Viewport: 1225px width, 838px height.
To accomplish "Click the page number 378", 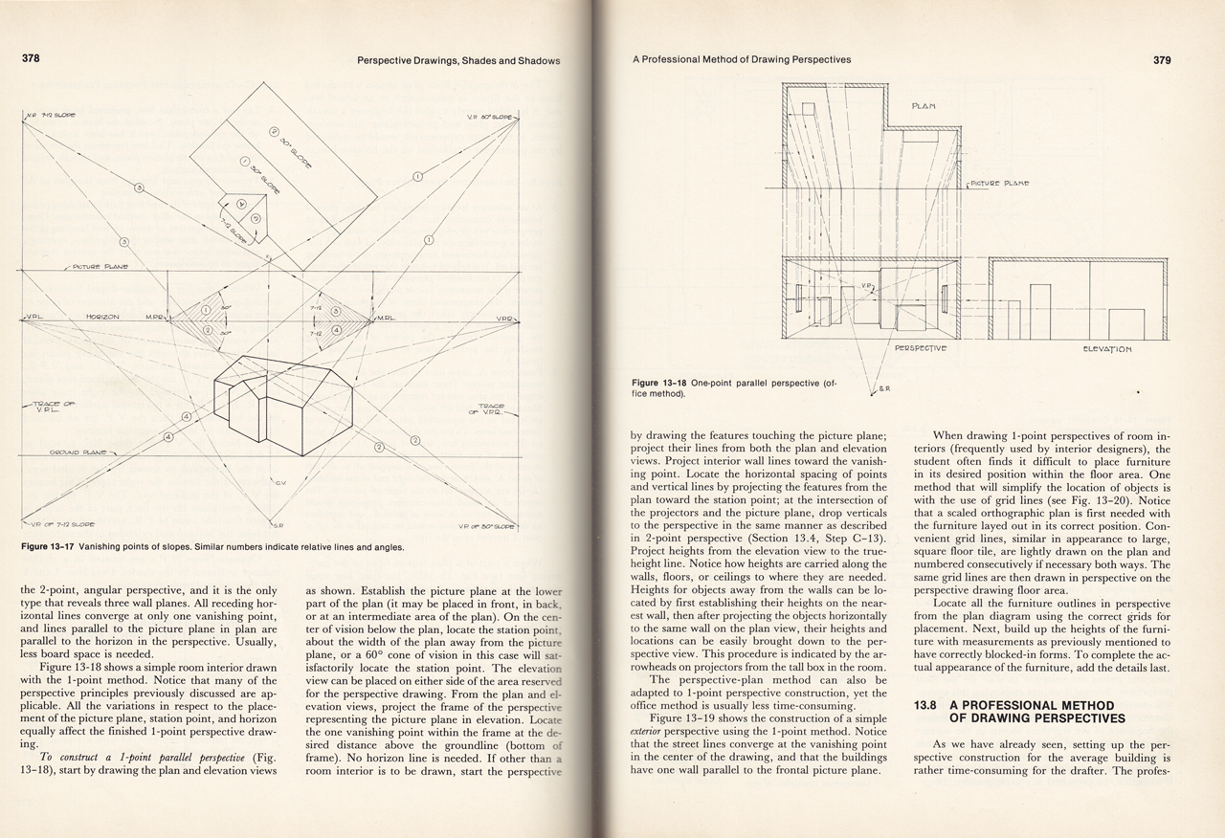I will [x=32, y=59].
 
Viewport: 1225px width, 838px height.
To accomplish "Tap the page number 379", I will [x=1162, y=59].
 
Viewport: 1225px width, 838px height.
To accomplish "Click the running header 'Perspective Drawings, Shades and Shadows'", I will [x=457, y=60].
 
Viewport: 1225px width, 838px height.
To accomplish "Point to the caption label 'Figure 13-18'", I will [x=672, y=382].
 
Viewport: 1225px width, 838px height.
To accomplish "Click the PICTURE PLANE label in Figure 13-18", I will [x=999, y=183].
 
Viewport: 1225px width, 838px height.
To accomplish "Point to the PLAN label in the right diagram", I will [x=924, y=104].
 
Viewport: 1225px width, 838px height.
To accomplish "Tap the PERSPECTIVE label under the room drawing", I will [x=920, y=347].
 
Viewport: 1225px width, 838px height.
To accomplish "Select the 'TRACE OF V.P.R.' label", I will [x=492, y=409].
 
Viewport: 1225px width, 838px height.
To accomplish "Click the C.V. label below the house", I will [x=280, y=483].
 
